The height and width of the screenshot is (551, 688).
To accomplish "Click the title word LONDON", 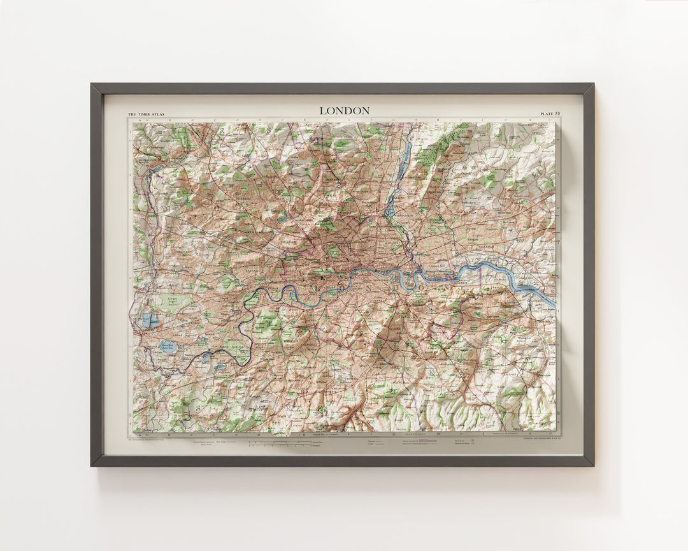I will tap(344, 111).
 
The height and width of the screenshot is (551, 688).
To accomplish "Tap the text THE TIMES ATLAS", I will tap(147, 114).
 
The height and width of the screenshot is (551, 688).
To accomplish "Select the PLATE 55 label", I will tap(550, 114).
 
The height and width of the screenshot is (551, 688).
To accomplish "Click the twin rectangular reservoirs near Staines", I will tap(150, 320).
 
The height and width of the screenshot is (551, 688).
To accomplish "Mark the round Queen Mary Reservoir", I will tap(168, 346).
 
